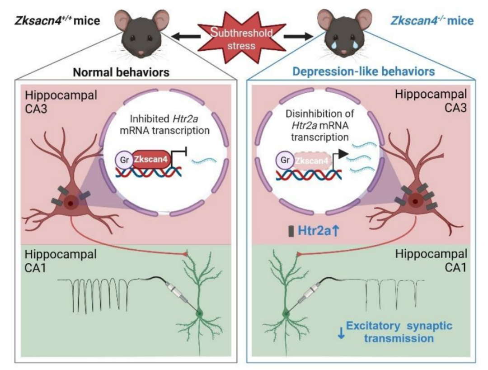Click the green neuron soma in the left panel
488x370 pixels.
point(199,312)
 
